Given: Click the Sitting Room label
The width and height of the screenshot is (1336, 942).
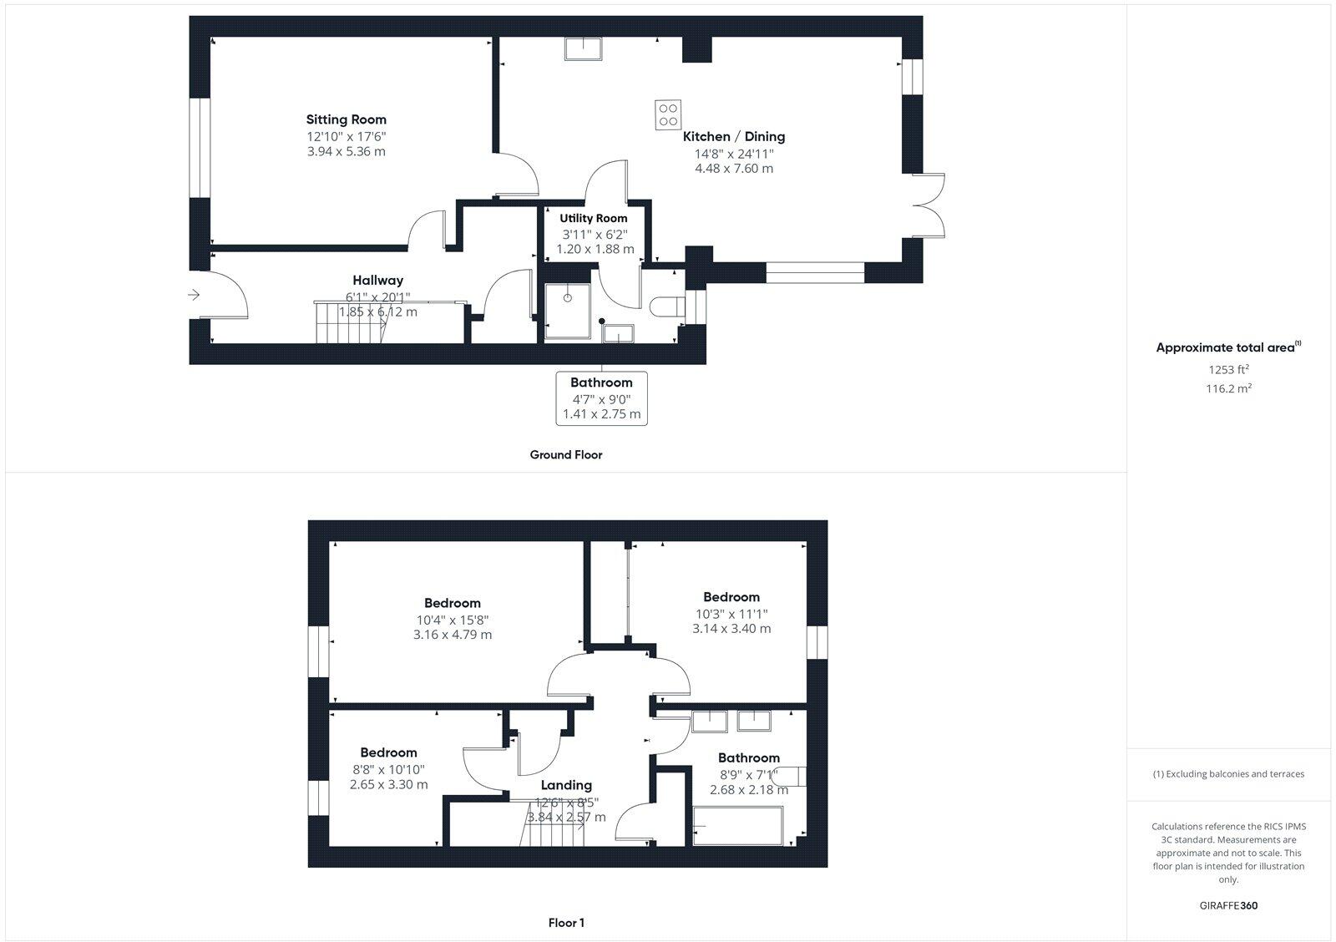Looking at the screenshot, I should point(346,119).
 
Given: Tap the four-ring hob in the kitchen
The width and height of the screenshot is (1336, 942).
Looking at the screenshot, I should point(668,114).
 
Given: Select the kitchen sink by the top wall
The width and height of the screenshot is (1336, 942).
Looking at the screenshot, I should point(586,49).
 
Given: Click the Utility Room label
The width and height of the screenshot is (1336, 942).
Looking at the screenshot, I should point(594,218).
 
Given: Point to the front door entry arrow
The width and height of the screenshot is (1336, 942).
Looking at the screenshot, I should point(195,294).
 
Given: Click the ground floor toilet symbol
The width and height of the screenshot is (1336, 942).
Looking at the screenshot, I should point(665,307).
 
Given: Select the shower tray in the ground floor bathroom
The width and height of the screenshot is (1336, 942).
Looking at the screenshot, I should point(567,311).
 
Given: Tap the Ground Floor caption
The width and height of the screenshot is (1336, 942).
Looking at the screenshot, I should point(565,455).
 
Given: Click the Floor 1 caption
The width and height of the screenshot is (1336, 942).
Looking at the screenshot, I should point(566,923).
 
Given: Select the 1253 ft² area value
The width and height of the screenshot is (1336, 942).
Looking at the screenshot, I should point(1228,369).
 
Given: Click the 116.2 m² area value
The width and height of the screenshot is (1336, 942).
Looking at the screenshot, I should point(1228,388).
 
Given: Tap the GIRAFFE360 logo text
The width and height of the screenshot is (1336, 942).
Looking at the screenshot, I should point(1228,905).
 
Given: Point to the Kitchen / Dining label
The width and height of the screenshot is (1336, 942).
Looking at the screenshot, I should point(734,136).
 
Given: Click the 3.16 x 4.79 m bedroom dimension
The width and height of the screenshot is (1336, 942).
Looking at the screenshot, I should point(453,635).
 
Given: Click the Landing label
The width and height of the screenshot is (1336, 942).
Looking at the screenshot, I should point(566,785).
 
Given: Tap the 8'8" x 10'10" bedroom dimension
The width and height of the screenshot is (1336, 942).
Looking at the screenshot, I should point(388,769).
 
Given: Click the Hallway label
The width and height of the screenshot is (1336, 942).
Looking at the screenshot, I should point(377,281).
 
